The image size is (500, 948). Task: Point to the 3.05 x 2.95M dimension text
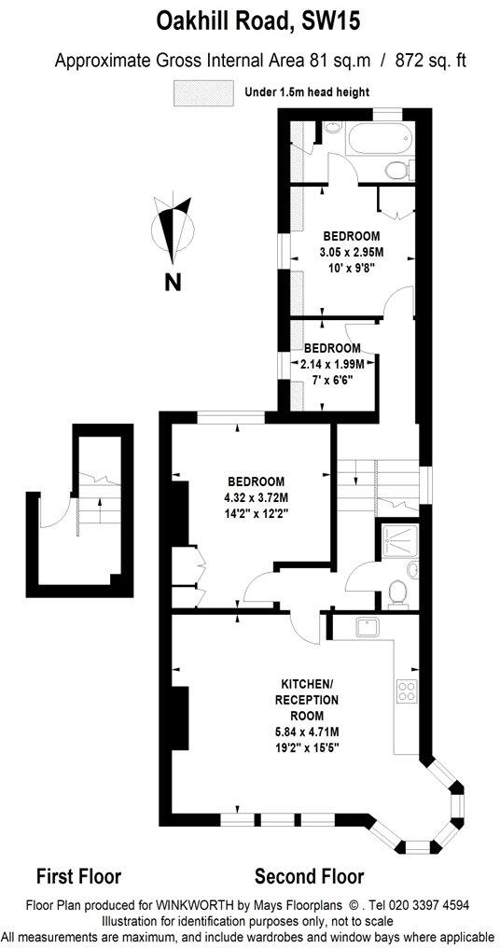[351, 252]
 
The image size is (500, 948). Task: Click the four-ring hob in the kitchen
[409, 690]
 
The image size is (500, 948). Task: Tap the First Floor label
[78, 876]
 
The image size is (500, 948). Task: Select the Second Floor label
[309, 876]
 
